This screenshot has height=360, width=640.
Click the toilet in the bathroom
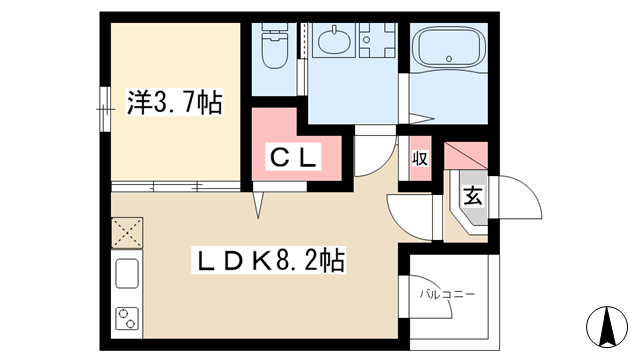[x=274, y=46]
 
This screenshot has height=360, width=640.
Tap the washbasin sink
[x=334, y=41]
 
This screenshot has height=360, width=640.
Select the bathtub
[x=449, y=47]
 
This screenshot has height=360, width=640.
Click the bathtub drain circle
[x=449, y=59]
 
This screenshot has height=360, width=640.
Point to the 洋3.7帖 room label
[x=175, y=102]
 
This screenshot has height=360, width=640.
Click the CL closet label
[x=293, y=157]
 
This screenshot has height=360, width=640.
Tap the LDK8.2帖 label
[x=269, y=260]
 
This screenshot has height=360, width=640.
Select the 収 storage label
[x=420, y=158]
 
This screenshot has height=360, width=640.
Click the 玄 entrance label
[x=473, y=196]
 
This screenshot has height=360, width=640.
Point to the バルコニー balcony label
[x=447, y=294]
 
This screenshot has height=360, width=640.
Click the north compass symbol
[x=607, y=327]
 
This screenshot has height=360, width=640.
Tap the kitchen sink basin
[x=127, y=273]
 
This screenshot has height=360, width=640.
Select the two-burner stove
[x=127, y=318]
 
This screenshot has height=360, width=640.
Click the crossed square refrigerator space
[x=127, y=233]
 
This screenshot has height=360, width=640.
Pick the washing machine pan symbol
[x=377, y=40]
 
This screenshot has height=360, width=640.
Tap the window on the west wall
[x=105, y=109]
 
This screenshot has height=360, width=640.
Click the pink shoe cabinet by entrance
[x=466, y=156]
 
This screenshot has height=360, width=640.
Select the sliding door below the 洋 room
[x=176, y=187]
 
